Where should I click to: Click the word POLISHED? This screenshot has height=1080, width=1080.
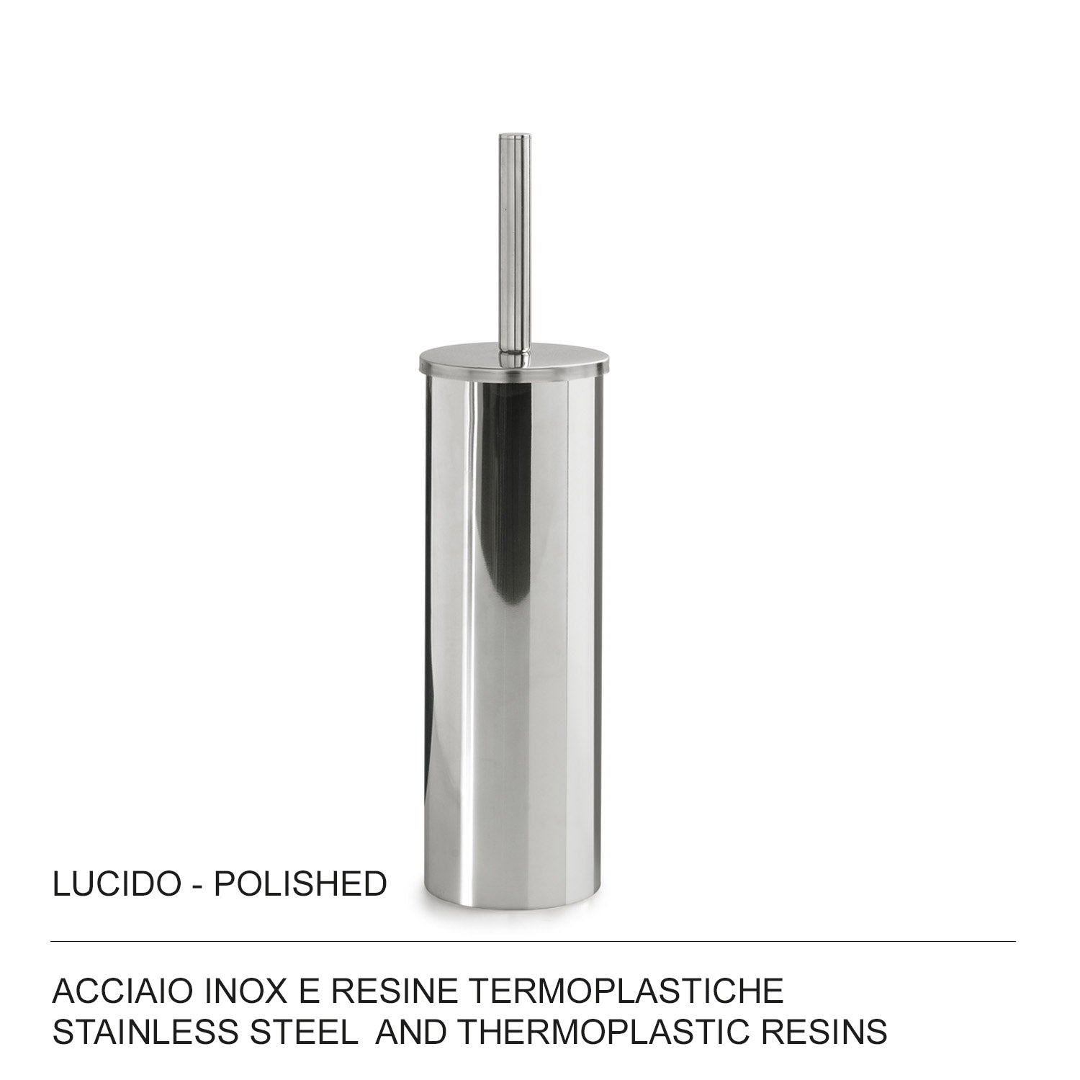click(300, 884)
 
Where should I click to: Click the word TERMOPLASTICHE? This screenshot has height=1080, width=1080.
click(626, 992)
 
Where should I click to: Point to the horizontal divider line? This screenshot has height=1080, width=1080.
click(533, 941)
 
